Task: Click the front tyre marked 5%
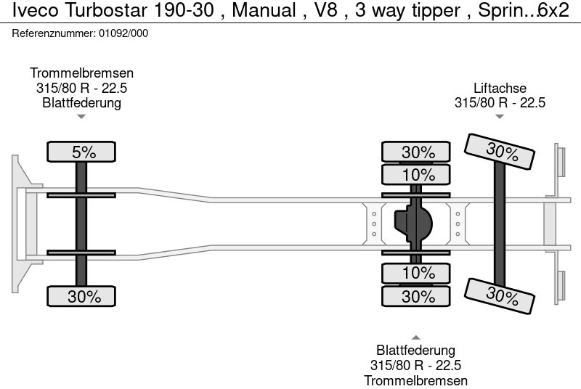[81, 152]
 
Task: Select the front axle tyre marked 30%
[81, 296]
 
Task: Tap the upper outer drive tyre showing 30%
[417, 152]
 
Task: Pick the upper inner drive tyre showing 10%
[417, 175]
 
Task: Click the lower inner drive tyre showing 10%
[417, 273]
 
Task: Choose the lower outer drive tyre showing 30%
[417, 296]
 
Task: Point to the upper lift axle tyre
[501, 153]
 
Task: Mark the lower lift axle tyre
[501, 295]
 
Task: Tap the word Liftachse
[500, 88]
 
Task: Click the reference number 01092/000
[123, 33]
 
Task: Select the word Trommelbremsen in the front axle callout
[81, 73]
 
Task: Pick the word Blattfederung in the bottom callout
[416, 351]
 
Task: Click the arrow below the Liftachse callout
[500, 116]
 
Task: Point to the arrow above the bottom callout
[416, 337]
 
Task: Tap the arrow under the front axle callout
[81, 116]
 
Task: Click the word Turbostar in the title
[98, 12]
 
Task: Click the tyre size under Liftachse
[500, 102]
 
